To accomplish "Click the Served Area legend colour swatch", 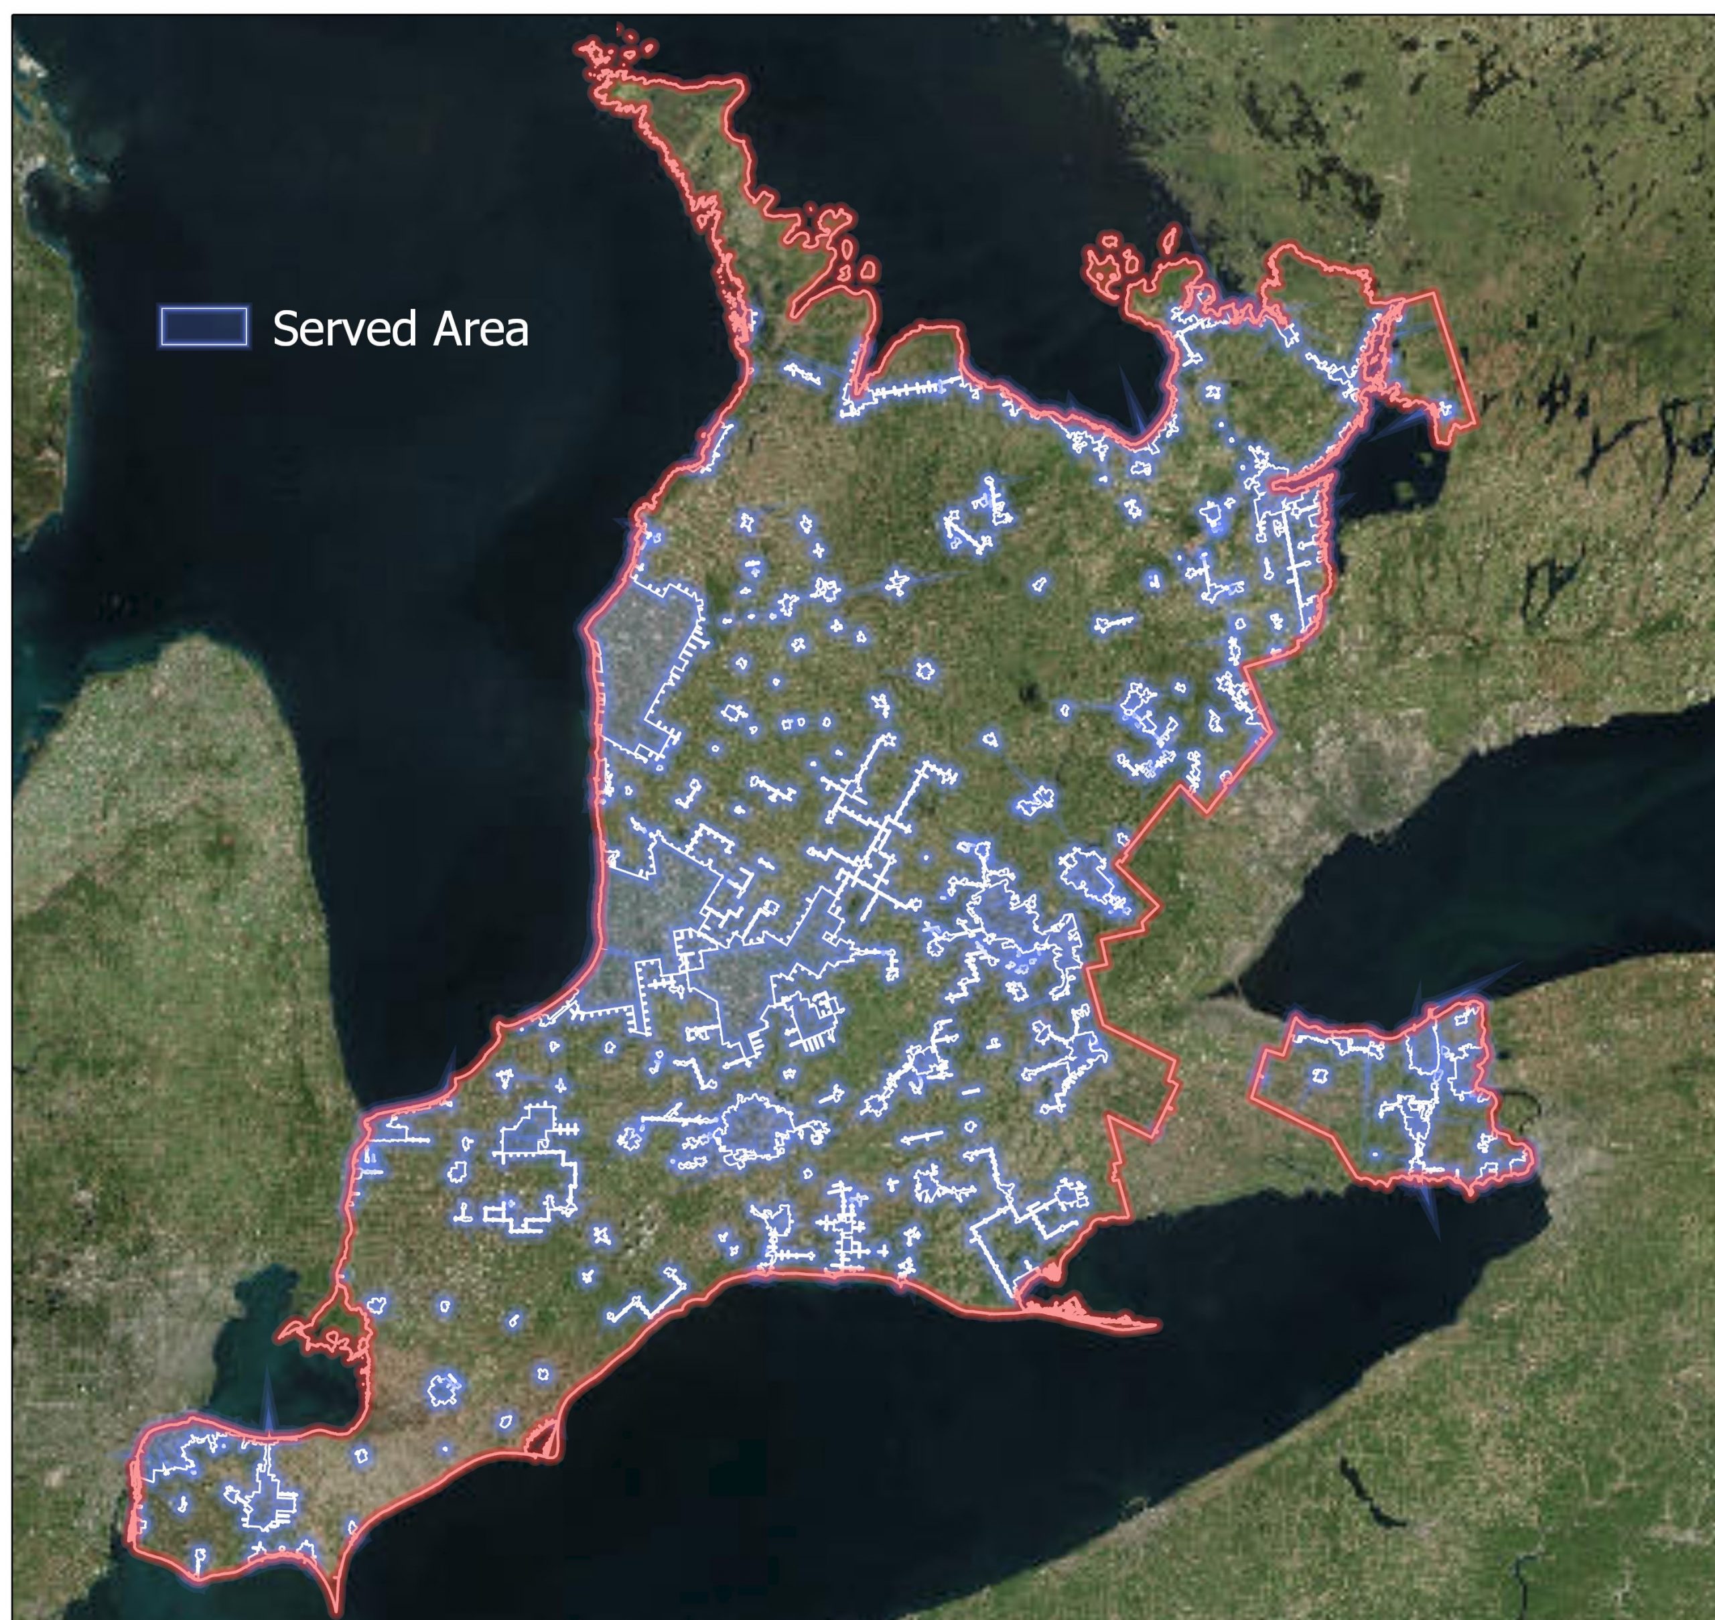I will (x=204, y=326).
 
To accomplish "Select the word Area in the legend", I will (x=480, y=329).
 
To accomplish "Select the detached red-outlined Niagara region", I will (x=1381, y=1097).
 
